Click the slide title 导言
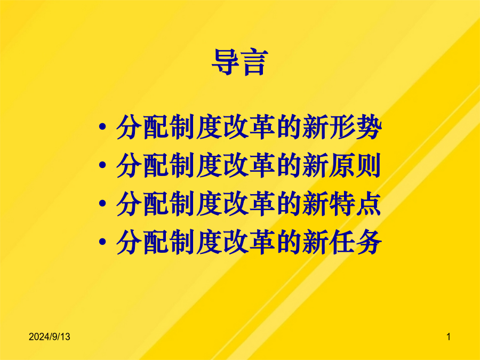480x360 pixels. pyautogui.click(x=240, y=62)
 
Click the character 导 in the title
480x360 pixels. pyautogui.click(x=225, y=62)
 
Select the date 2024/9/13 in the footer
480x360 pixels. pyautogui.click(x=49, y=337)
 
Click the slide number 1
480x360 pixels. pyautogui.click(x=449, y=337)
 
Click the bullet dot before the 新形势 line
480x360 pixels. pyautogui.click(x=102, y=126)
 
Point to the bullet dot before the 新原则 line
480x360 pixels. pyautogui.click(x=102, y=165)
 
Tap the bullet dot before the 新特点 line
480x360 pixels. pyautogui.click(x=102, y=203)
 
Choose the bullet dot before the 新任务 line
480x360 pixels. pyautogui.click(x=102, y=242)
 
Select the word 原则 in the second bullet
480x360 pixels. pyautogui.click(x=355, y=165)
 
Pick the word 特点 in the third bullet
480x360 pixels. pyautogui.click(x=355, y=204)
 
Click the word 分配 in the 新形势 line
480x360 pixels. pyautogui.click(x=142, y=127)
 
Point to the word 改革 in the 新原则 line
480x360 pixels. pyautogui.click(x=249, y=165)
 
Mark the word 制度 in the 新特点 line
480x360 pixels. pyautogui.click(x=196, y=204)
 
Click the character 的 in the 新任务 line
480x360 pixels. pyautogui.click(x=289, y=242)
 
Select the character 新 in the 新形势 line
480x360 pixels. pyautogui.click(x=315, y=127)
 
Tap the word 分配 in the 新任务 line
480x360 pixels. pyautogui.click(x=142, y=242)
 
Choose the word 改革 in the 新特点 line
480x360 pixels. pyautogui.click(x=249, y=204)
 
